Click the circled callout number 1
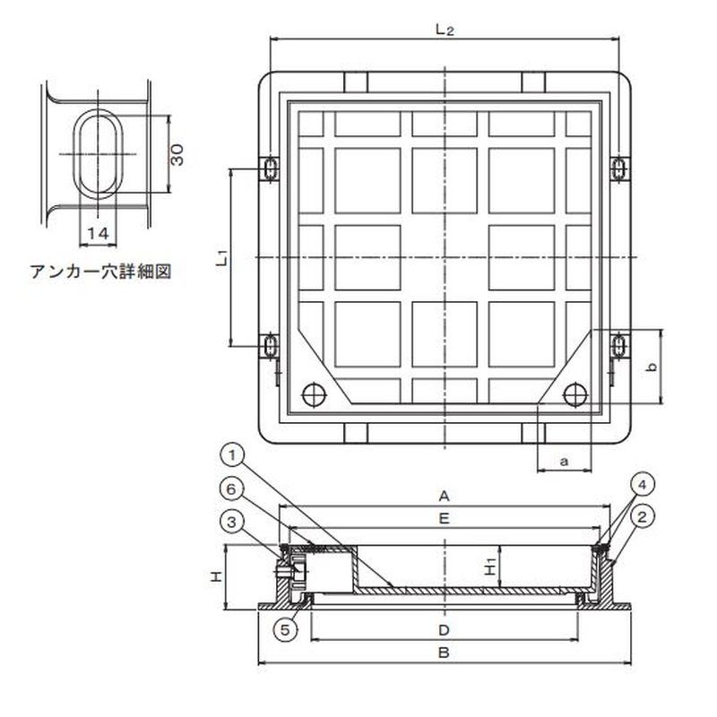(x=233, y=456)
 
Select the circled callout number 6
(x=231, y=489)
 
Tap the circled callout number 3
(x=232, y=523)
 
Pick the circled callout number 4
(x=643, y=485)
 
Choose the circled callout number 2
(x=643, y=517)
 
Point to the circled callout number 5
(x=285, y=630)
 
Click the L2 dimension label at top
(x=444, y=30)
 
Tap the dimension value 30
(x=177, y=154)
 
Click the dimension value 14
(x=99, y=234)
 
